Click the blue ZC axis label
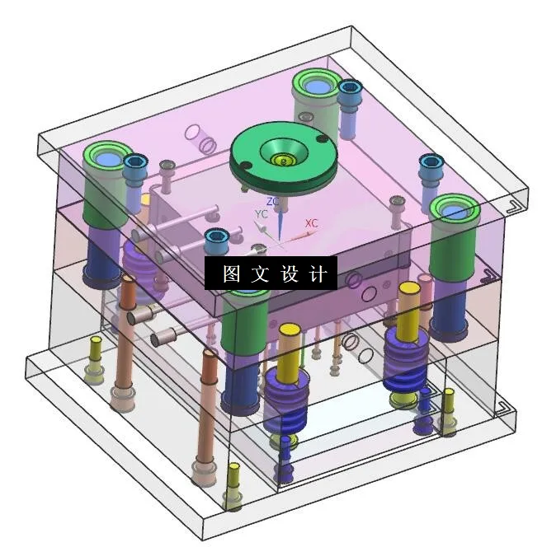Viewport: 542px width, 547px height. (x=272, y=201)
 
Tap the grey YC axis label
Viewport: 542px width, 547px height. (x=261, y=214)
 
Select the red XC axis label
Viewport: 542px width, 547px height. (x=312, y=223)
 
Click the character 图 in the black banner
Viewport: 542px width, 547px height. (x=231, y=273)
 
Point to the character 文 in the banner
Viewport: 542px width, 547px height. (x=260, y=273)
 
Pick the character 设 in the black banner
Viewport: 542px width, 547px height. (x=290, y=273)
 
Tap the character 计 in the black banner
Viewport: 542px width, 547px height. (x=318, y=273)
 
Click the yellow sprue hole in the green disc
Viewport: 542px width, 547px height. (x=283, y=160)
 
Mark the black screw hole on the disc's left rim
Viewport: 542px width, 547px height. (x=247, y=165)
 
